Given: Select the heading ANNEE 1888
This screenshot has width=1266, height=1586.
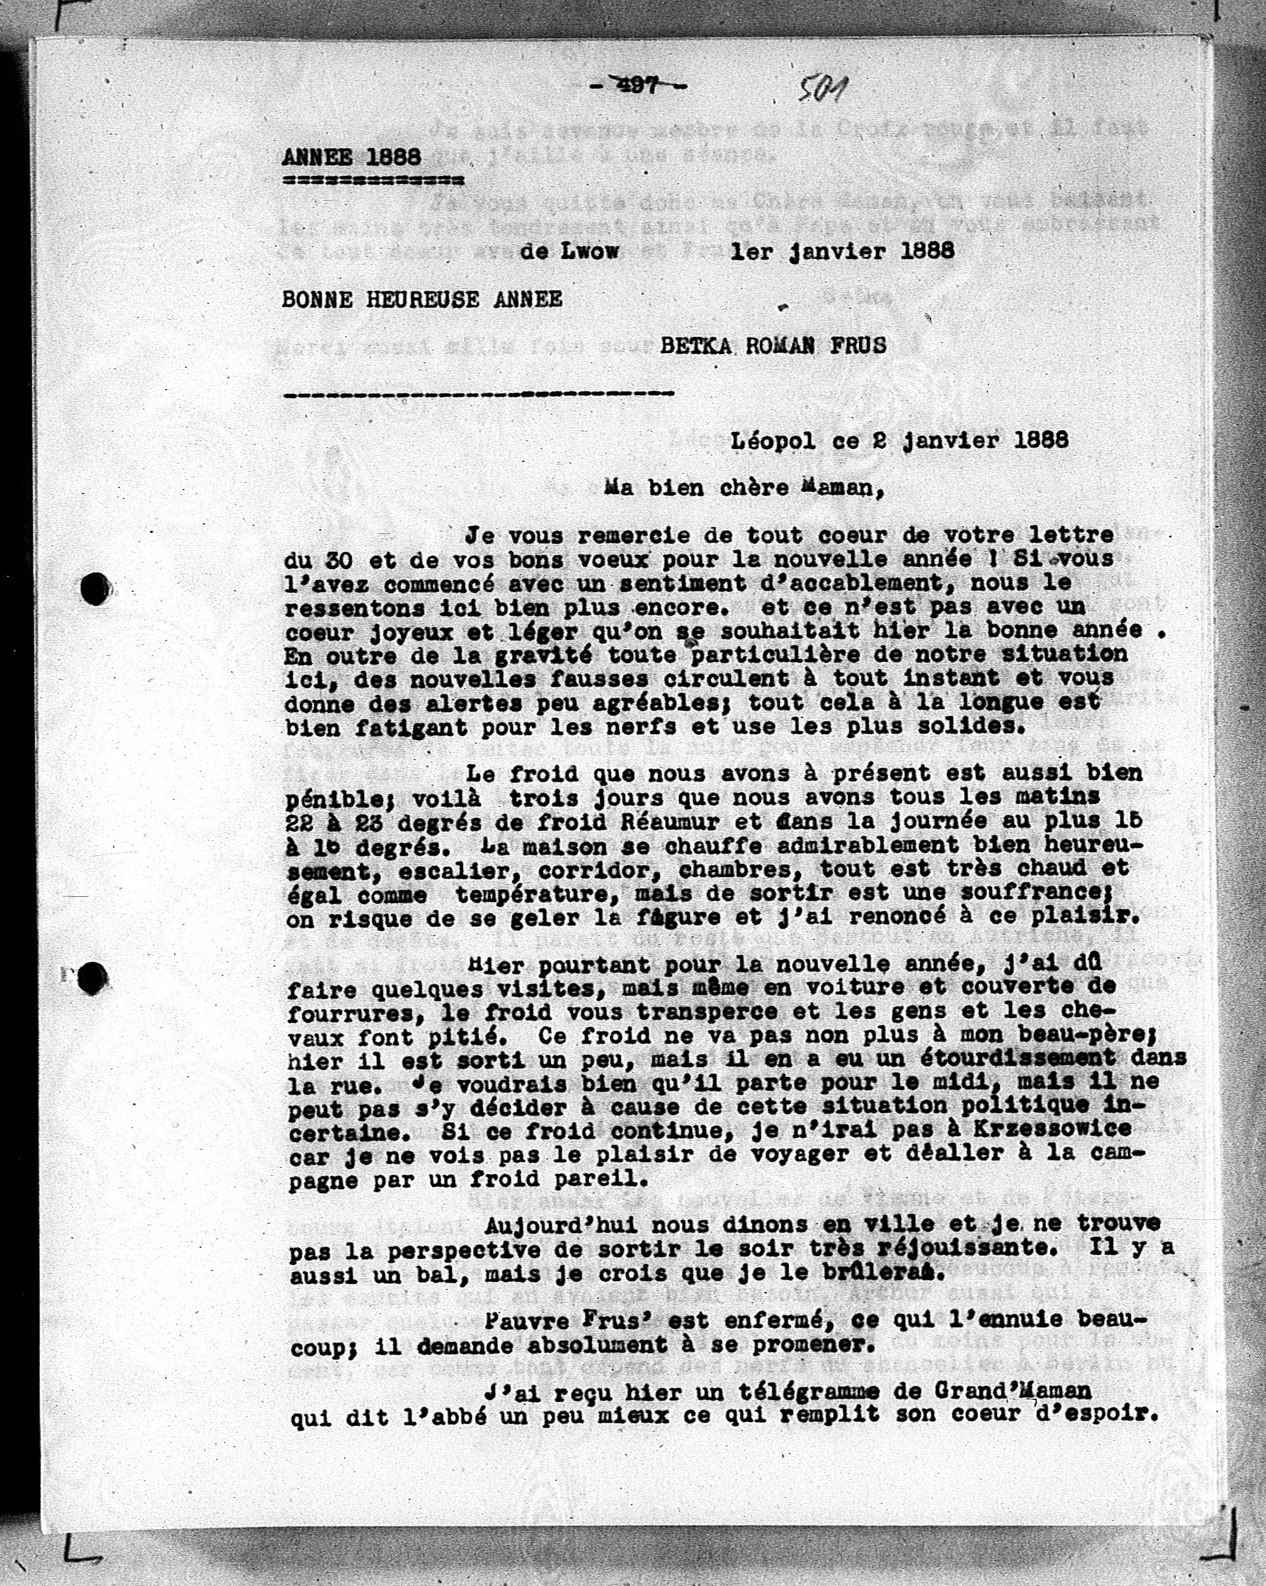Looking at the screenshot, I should (352, 157).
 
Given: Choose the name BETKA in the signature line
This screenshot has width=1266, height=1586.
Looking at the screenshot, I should (695, 346).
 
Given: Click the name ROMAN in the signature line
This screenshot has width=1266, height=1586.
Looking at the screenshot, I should (780, 346).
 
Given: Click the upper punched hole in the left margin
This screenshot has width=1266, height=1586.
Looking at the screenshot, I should (94, 588).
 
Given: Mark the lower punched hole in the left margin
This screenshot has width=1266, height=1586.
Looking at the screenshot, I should (94, 976).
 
